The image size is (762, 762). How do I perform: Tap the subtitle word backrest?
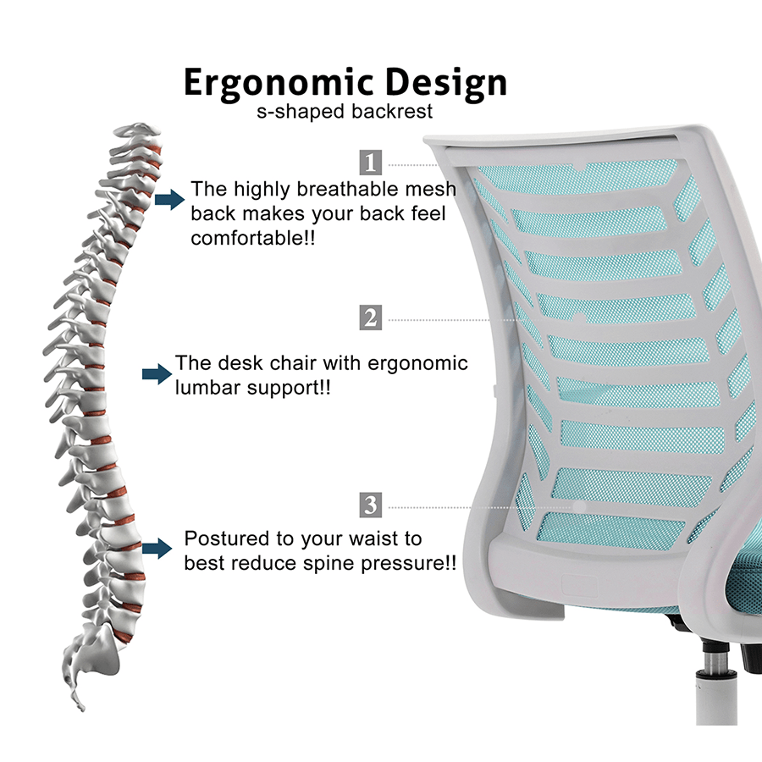398,112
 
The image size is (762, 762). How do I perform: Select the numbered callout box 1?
371,163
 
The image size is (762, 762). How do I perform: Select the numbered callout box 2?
371,318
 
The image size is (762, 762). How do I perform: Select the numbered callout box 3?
371,506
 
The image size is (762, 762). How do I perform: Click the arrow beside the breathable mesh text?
170,200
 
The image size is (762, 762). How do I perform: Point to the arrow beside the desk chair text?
156,375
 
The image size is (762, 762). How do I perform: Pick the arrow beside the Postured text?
156,549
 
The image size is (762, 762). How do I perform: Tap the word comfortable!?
253,239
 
